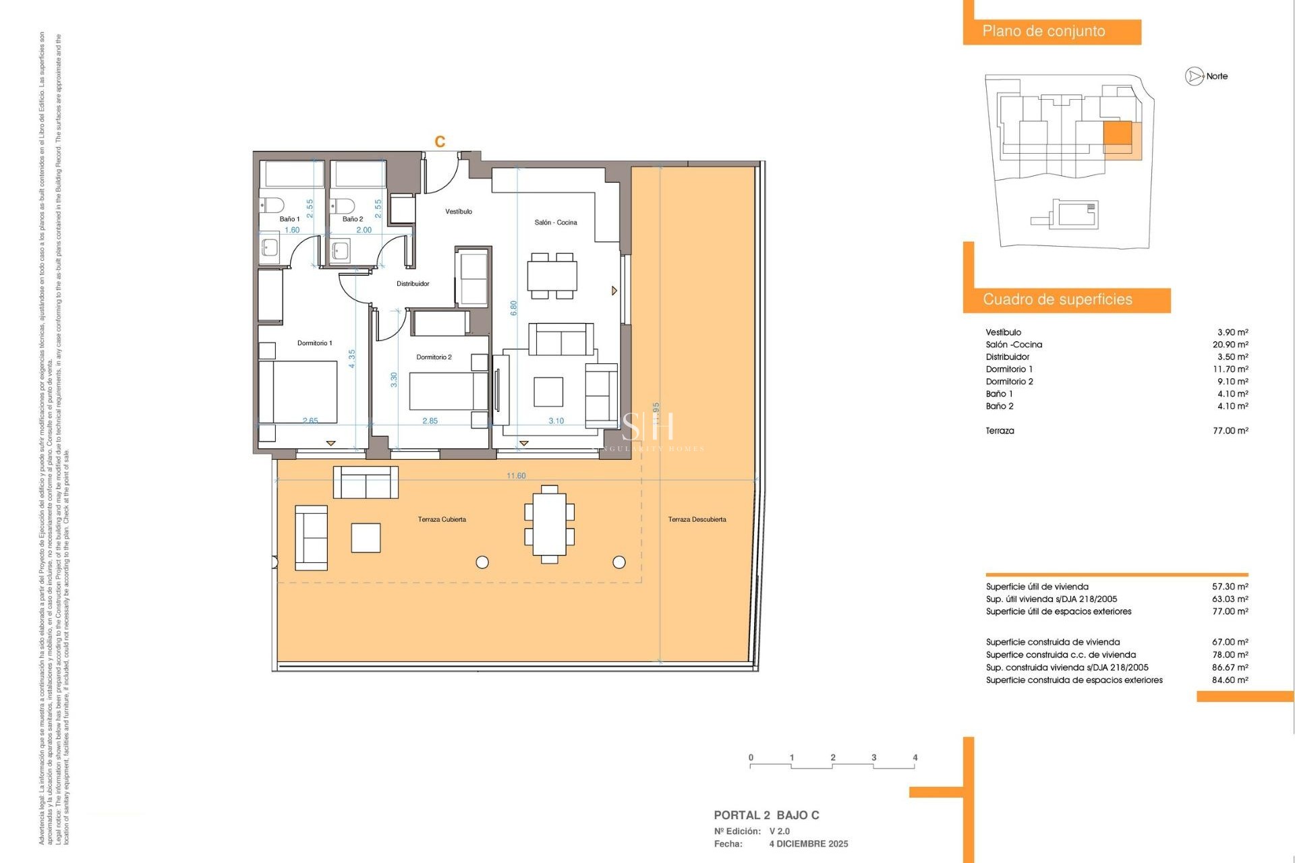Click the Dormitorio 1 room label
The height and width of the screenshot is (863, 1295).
pos(314,343)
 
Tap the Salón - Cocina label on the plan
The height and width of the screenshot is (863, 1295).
pos(555,222)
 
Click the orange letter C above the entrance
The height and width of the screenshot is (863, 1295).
pos(440,142)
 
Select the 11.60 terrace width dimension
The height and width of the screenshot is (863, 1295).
pos(516,476)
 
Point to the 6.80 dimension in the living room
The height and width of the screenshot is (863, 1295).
pos(513,308)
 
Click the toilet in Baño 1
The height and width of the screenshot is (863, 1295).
pos(272,205)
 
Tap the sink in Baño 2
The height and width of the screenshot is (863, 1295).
pos(340,251)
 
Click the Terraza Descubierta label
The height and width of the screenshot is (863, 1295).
pos(697,520)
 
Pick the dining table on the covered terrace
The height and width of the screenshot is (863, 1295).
pos(549,524)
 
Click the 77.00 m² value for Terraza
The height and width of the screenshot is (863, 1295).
pos(1230,431)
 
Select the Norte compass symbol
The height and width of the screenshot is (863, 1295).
pos(1194,76)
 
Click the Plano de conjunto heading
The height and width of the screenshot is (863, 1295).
pos(1043,32)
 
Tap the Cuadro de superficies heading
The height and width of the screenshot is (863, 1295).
pos(1057,300)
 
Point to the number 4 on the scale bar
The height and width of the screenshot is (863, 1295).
pos(915,758)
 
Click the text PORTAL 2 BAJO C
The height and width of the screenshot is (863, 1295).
pos(766,815)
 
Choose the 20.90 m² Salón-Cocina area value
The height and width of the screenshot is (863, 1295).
pos(1230,345)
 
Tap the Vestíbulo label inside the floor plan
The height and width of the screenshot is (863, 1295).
pos(459,212)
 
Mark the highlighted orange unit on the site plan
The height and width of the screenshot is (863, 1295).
pos(1117,133)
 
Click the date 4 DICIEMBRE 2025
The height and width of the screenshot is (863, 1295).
pos(809,844)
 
